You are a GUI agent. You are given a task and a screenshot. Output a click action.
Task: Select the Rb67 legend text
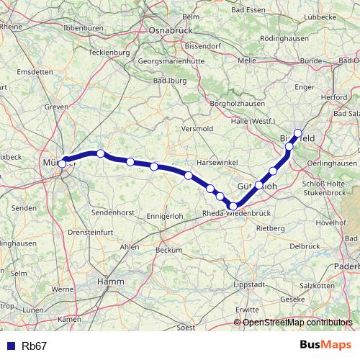(35, 346)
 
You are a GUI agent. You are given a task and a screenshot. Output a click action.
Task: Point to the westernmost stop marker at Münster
(63, 163)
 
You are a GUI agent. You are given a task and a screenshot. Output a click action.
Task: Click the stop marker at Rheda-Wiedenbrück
(233, 207)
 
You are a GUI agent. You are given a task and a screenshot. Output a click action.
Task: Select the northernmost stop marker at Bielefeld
(297, 133)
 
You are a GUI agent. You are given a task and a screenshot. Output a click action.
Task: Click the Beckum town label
(169, 250)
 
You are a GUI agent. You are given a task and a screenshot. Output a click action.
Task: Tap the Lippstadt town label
(249, 285)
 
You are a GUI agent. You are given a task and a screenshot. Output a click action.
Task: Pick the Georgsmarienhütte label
(177, 62)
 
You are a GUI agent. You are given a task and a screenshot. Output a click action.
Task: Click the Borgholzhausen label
(216, 104)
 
